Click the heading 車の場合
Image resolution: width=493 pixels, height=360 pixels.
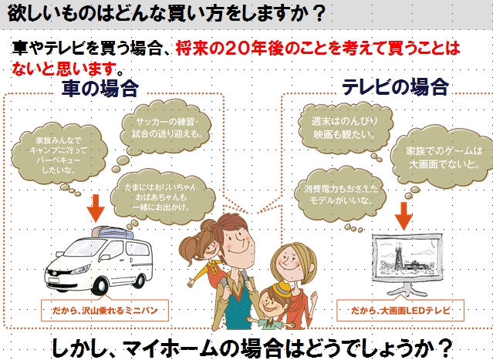pyautogui.click(x=100, y=88)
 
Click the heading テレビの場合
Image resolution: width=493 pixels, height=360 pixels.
pyautogui.click(x=395, y=86)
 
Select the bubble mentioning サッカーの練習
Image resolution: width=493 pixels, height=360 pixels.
pyautogui.click(x=165, y=127)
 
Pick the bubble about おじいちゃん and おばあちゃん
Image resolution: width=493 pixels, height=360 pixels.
pyautogui.click(x=162, y=197)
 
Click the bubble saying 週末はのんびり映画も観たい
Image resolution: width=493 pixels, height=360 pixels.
pyautogui.click(x=345, y=127)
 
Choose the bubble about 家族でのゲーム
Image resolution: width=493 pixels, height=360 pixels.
pyautogui.click(x=444, y=157)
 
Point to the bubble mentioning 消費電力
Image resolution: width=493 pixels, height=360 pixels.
pyautogui.click(x=340, y=194)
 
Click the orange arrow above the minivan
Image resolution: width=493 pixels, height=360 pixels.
pyautogui.click(x=96, y=208)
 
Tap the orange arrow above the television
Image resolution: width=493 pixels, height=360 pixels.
pyautogui.click(x=404, y=216)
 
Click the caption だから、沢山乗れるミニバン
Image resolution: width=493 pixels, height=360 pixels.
pyautogui.click(x=105, y=311)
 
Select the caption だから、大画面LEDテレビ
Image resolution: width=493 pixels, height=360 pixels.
pyautogui.click(x=400, y=311)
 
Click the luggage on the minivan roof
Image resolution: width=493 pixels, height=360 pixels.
pyautogui.click(x=113, y=233)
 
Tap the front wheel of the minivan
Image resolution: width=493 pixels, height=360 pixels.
pyautogui.click(x=100, y=285)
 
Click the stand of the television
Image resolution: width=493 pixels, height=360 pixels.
pyautogui.click(x=407, y=288)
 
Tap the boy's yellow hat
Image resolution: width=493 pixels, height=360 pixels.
pyautogui.click(x=282, y=289)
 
